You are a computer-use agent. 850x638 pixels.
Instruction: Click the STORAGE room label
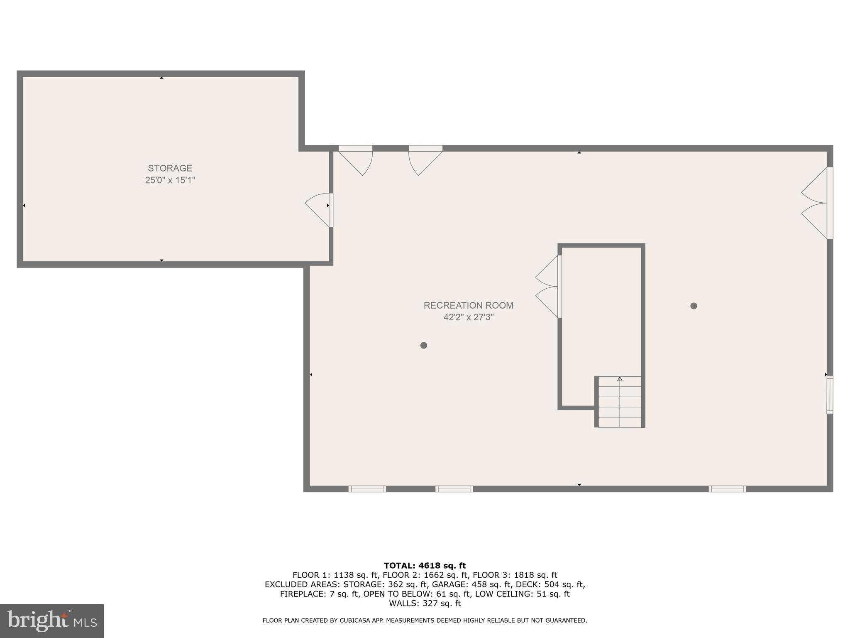coord(170,168)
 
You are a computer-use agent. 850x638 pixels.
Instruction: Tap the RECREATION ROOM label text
coord(468,305)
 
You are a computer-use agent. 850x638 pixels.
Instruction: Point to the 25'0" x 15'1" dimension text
coord(170,180)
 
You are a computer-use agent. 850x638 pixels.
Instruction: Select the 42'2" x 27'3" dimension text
coord(468,317)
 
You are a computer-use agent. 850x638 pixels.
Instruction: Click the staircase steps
coord(620,402)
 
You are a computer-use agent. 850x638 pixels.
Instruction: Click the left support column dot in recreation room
coord(423,345)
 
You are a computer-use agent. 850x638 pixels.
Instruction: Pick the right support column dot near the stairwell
coord(694,306)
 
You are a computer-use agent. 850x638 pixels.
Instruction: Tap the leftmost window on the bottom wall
coord(367,489)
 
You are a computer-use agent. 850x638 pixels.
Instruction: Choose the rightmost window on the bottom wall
coord(727,489)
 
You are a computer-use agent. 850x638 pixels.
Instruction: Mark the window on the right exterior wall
coord(829,394)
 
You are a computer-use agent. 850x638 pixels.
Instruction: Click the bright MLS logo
coord(52,621)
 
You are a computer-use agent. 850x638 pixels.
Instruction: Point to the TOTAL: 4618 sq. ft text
coord(425,565)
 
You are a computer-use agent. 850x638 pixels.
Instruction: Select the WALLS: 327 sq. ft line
coord(425,603)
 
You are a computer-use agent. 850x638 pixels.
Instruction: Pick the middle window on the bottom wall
coord(454,489)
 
